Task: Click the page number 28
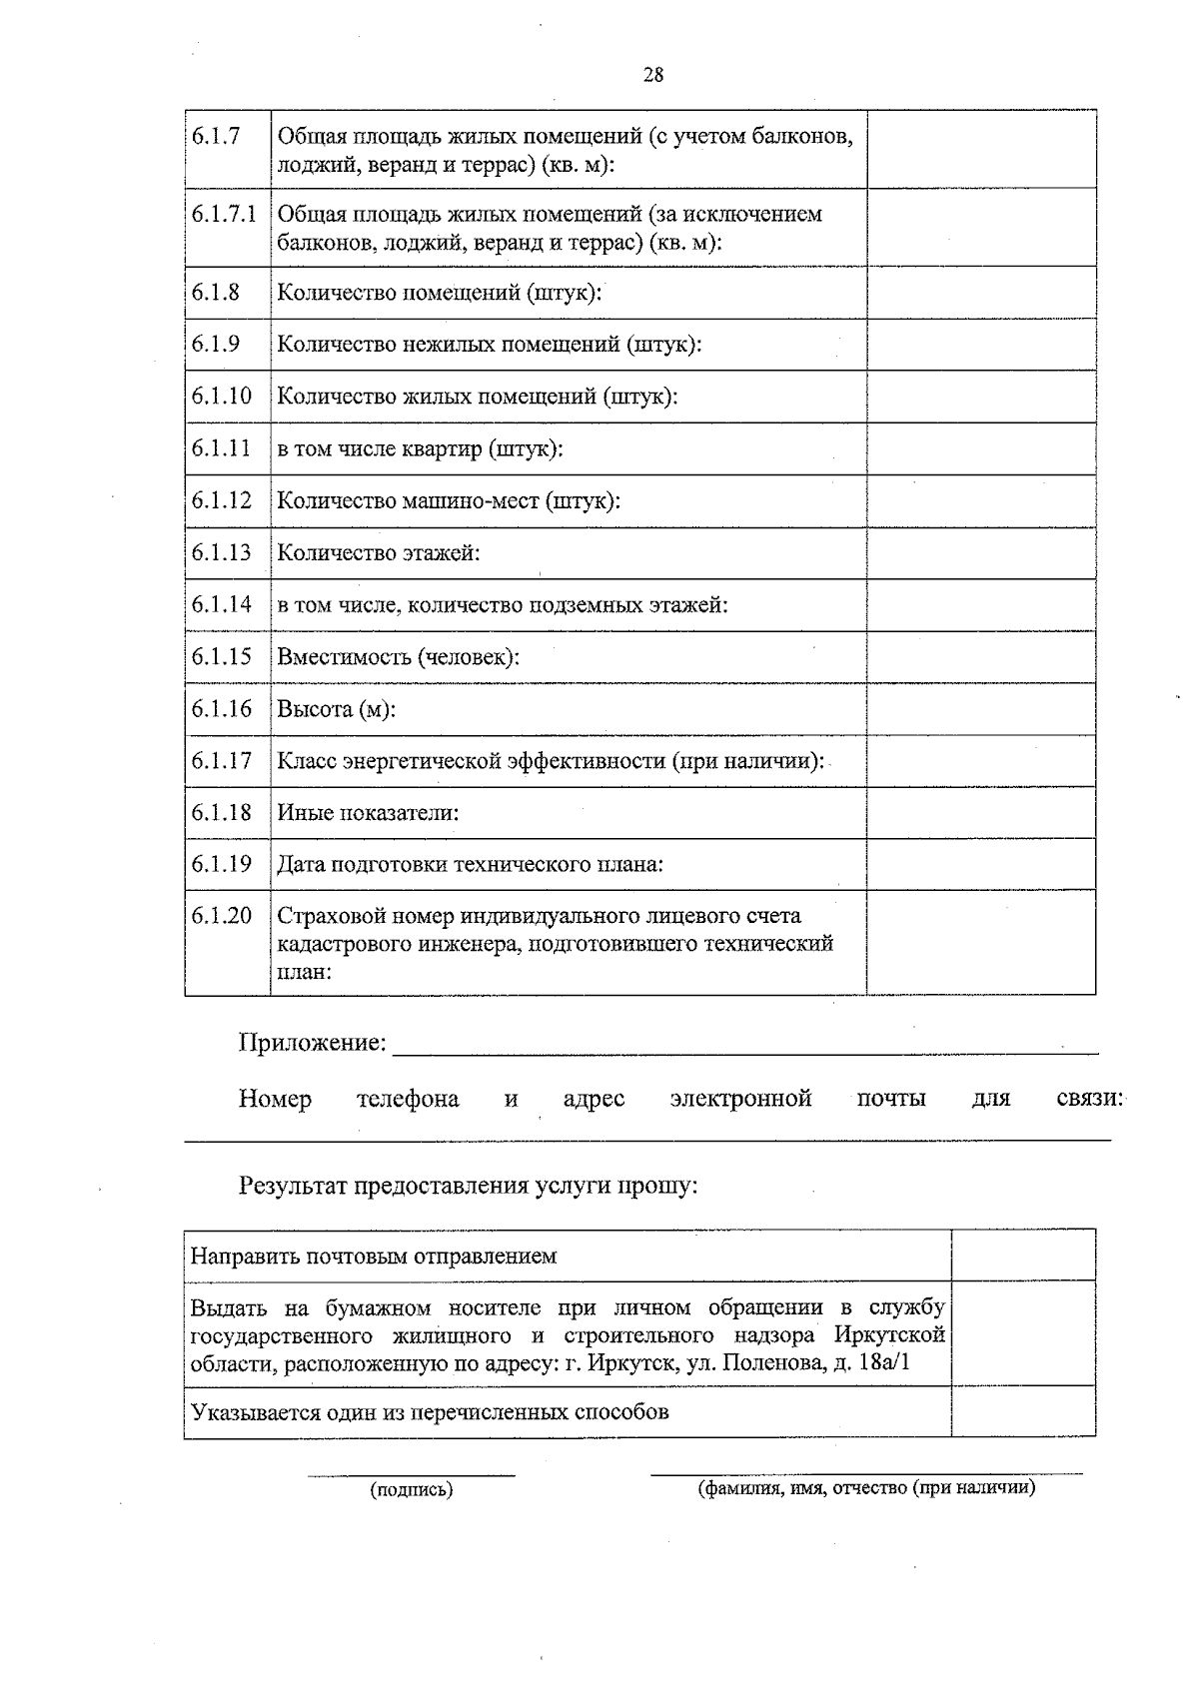[x=653, y=75]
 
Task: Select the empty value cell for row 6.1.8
[x=981, y=293]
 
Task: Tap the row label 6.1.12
[x=222, y=500]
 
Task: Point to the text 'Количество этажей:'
[x=379, y=552]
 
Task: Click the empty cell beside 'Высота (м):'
[x=981, y=709]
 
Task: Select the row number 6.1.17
[x=222, y=761]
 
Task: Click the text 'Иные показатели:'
[x=368, y=813]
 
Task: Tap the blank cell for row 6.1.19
[x=981, y=864]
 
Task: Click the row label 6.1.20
[x=222, y=916]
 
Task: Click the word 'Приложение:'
[x=312, y=1044]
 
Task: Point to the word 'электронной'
[x=740, y=1100]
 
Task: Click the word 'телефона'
[x=408, y=1100]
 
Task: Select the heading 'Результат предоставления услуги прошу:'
[x=468, y=1187]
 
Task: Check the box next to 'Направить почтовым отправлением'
[x=1023, y=1256]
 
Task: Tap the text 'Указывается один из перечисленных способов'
[x=430, y=1412]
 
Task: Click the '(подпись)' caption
[x=411, y=1490]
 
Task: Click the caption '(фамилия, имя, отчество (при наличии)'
[x=866, y=1488]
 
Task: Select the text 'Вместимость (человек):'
[x=398, y=657]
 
